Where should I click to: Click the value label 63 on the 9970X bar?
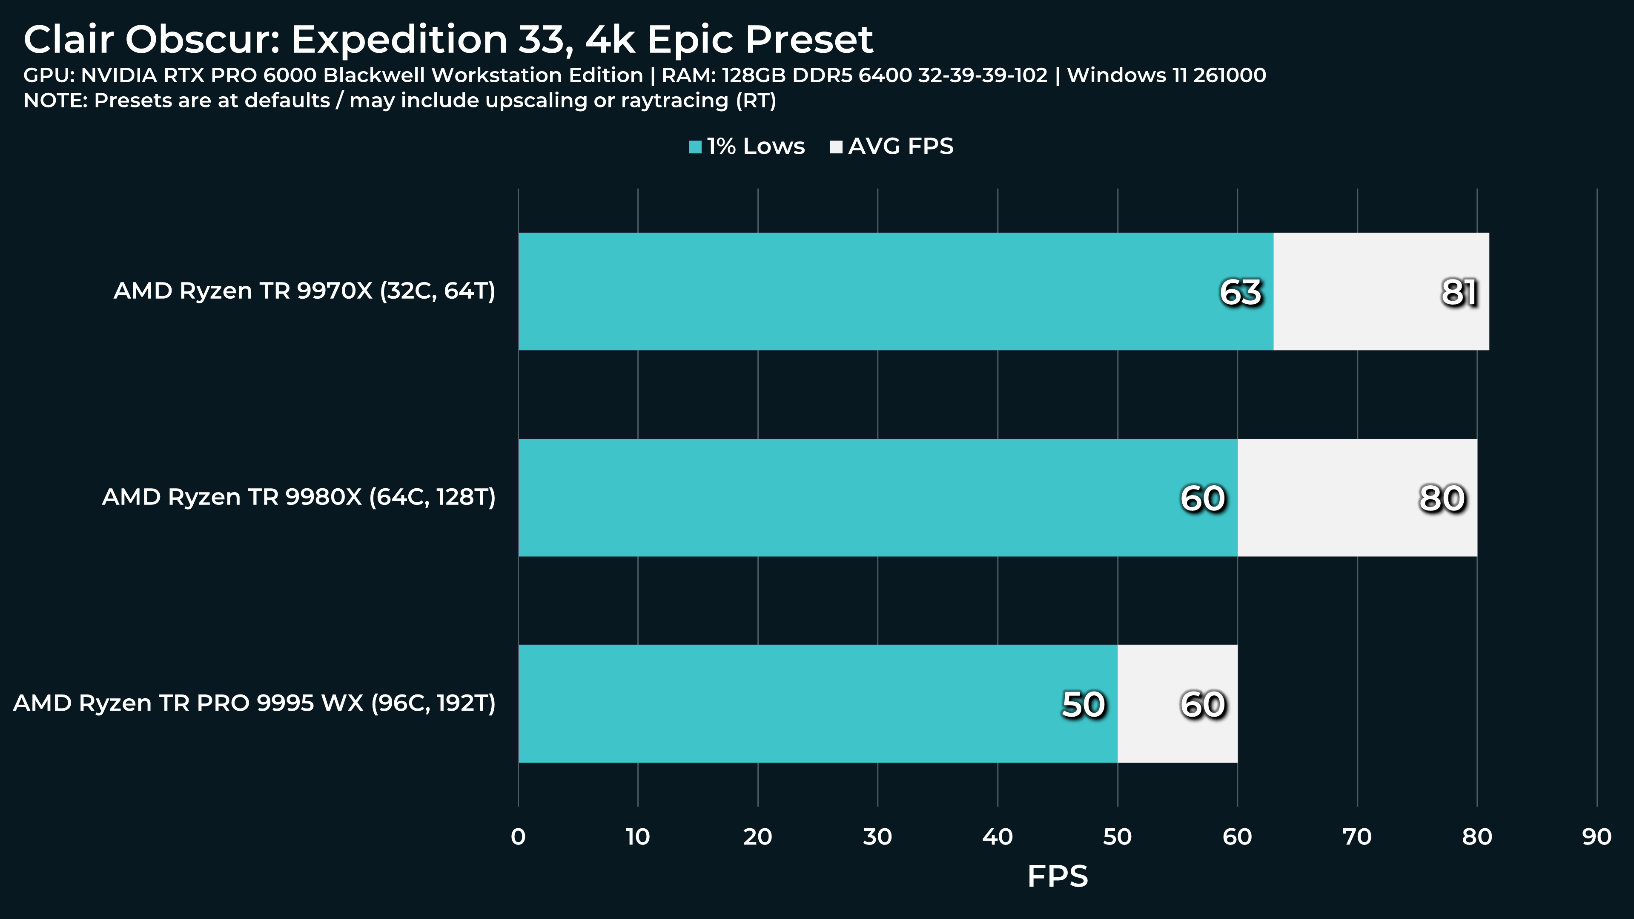pos(1241,293)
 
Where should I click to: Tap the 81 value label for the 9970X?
pos(1459,293)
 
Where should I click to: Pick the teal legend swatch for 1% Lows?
pos(695,147)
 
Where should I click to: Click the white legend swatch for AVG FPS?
pos(836,147)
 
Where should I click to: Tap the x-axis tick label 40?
pos(997,837)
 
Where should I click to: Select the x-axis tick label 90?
pos(1597,837)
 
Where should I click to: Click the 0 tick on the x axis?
pos(518,837)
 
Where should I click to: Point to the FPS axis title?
pos(1058,876)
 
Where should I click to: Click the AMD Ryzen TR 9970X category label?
pos(304,291)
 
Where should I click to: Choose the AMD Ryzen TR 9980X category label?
pos(299,497)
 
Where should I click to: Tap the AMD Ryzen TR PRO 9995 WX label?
pos(254,703)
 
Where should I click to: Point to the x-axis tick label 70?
pos(1357,837)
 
